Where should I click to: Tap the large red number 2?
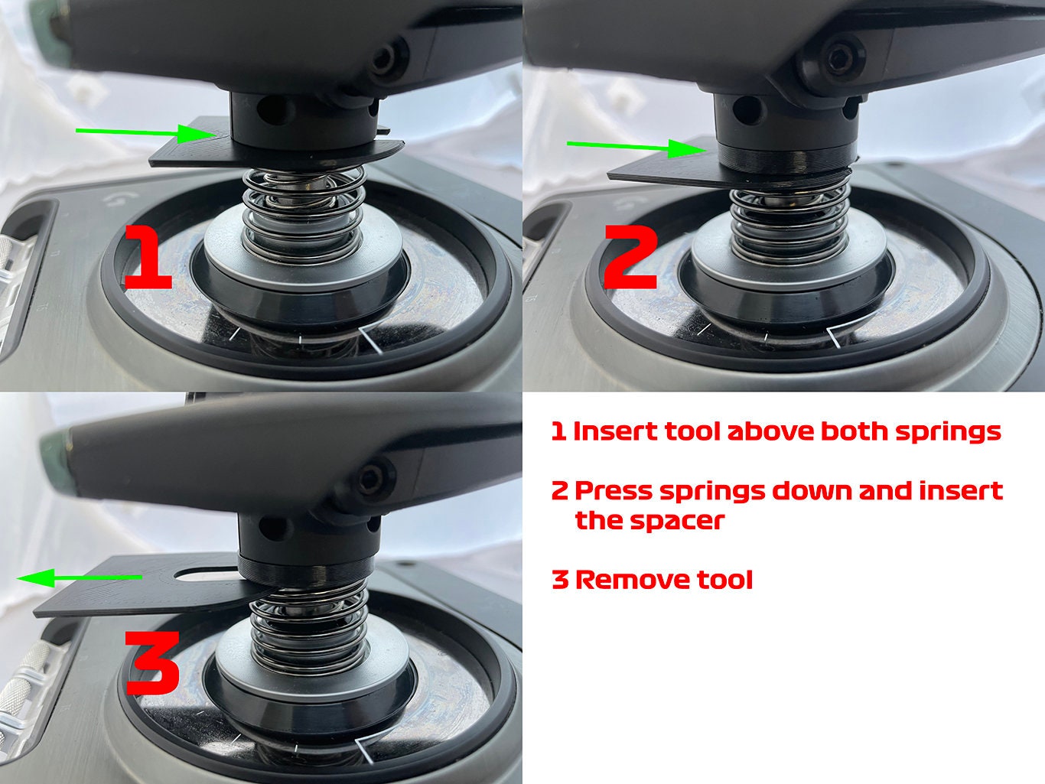[x=631, y=258]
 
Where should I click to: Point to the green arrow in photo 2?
[x=634, y=147]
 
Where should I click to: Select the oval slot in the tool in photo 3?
[x=205, y=573]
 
